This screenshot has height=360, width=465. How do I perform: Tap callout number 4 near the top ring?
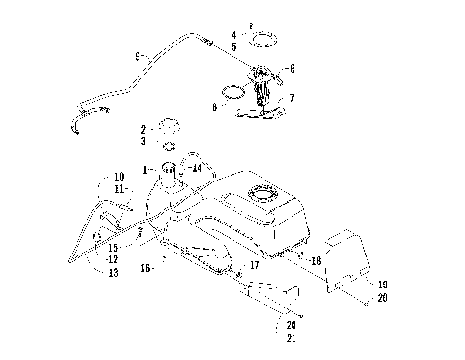(x=233, y=35)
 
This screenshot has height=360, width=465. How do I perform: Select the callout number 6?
(x=292, y=69)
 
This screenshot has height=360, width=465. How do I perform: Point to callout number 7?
(x=292, y=99)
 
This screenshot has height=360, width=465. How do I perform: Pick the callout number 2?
(x=143, y=128)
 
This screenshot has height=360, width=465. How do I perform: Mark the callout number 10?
(x=119, y=177)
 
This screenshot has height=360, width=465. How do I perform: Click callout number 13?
(x=113, y=274)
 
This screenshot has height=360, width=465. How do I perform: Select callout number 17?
(x=254, y=264)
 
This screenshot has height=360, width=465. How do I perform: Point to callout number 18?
(x=315, y=261)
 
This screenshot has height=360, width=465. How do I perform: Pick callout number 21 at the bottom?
(x=293, y=338)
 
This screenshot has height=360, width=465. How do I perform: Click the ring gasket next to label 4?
(x=261, y=42)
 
